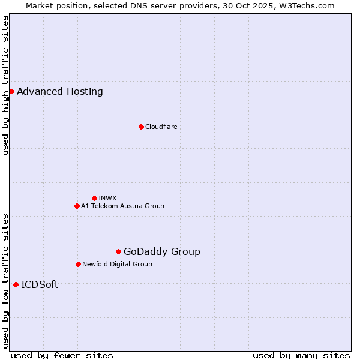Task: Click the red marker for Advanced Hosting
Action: click(11, 92)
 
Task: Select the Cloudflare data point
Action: click(141, 127)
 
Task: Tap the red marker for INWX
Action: click(94, 198)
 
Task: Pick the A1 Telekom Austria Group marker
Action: click(77, 206)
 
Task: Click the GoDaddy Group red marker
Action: click(118, 251)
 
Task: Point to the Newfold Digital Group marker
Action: click(78, 264)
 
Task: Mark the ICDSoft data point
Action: click(16, 284)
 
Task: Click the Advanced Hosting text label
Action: click(60, 92)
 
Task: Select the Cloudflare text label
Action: click(161, 127)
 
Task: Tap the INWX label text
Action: click(107, 198)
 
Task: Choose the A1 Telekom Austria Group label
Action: click(122, 206)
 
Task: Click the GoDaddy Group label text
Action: click(161, 251)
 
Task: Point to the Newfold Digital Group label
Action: click(117, 264)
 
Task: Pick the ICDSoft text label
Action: click(40, 284)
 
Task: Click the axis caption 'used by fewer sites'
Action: click(62, 355)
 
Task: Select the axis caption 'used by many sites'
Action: click(301, 355)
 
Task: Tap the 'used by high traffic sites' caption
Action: click(6, 85)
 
